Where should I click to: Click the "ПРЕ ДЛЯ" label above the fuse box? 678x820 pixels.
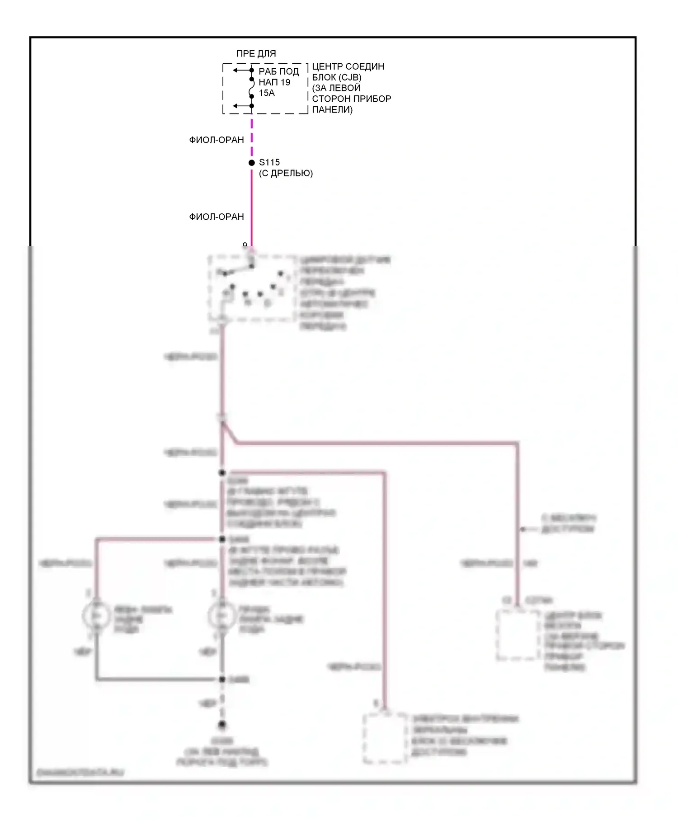256,54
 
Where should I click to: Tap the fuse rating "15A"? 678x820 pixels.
267,93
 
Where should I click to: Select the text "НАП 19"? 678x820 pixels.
274,82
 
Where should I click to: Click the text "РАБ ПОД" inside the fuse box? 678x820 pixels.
278,71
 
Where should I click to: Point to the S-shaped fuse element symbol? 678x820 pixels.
252,88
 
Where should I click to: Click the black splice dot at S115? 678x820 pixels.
252,163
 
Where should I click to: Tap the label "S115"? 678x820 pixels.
269,162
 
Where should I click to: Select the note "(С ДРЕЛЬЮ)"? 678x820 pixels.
286,173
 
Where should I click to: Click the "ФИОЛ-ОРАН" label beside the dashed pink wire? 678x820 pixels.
217,140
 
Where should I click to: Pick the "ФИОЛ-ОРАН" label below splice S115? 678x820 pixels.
217,217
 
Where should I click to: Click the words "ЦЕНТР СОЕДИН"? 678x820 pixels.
348,66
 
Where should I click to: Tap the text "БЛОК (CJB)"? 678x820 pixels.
337,77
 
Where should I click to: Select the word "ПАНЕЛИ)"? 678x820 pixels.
332,109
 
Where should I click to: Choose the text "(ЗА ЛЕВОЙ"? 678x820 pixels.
336,88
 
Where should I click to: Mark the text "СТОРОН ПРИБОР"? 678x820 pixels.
352,99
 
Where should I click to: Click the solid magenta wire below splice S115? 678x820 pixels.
252,203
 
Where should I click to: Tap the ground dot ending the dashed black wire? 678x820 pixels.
222,724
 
